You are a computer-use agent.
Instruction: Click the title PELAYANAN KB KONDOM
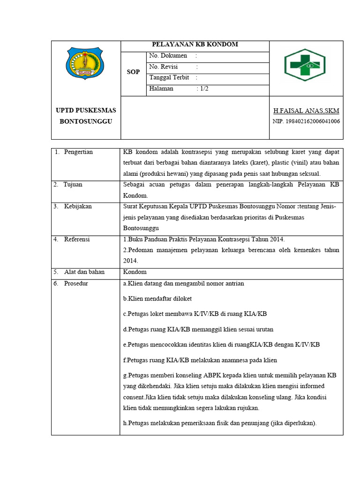195,45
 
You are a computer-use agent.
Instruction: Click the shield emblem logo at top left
86,63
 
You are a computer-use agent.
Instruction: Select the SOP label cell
133,72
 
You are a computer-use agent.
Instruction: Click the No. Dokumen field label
168,56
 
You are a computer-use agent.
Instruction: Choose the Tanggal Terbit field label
169,78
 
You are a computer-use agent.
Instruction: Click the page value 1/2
204,89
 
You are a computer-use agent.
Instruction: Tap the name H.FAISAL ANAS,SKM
307,111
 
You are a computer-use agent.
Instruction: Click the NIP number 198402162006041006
307,121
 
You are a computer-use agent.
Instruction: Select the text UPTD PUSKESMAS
86,110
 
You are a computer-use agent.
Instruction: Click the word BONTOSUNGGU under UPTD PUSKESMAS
86,121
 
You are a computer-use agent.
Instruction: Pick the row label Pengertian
79,152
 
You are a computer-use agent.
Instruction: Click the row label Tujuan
74,184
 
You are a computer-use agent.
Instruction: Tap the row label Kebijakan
78,206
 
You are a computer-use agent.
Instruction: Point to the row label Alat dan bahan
84,272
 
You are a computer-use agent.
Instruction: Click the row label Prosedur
76,284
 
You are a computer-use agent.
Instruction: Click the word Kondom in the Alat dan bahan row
135,272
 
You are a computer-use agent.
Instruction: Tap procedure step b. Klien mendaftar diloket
157,299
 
